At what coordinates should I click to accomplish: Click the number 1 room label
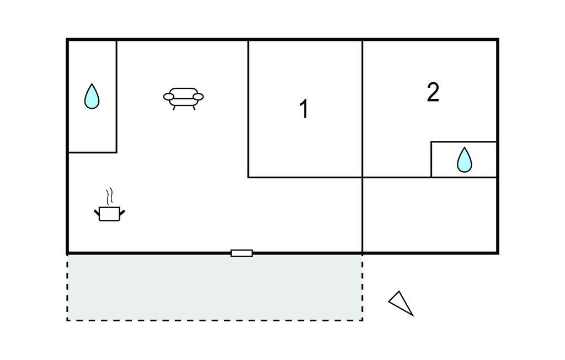tap(303, 109)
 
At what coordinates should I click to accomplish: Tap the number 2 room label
tap(433, 93)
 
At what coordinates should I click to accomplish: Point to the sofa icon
tap(183, 97)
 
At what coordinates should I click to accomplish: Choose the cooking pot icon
tap(109, 213)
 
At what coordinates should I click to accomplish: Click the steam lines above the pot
tap(109, 195)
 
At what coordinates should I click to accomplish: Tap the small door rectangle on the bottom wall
tap(242, 253)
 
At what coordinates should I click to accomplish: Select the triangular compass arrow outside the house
tap(402, 303)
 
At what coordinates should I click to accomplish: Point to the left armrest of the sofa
tap(169, 97)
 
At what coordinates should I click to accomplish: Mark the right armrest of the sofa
tap(198, 97)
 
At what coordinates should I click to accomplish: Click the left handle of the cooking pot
tap(97, 211)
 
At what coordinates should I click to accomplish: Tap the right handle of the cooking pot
tap(122, 211)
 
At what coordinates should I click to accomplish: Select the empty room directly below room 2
tap(430, 215)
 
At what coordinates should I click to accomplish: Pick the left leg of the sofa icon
tap(174, 108)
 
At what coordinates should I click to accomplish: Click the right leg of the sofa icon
tap(193, 108)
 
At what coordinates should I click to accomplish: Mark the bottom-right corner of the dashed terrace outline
tap(362, 320)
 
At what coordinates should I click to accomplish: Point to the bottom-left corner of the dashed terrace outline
tap(67, 320)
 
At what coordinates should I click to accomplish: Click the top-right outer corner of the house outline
tap(498, 40)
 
